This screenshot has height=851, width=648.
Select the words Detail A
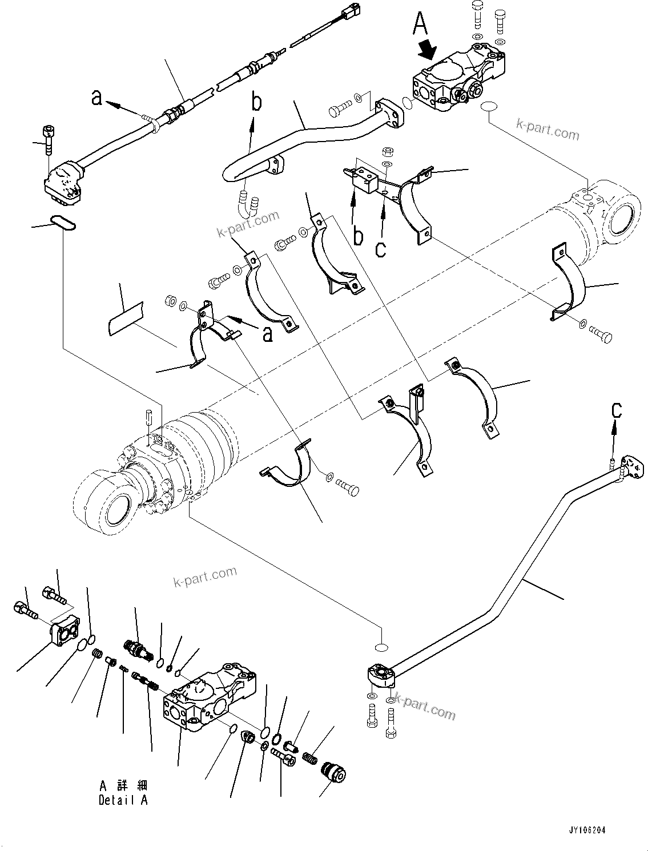[x=123, y=800]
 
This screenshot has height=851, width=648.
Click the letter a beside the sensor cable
[x=98, y=99]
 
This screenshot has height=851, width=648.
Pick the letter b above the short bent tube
[x=257, y=103]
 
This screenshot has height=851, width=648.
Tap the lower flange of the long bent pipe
[x=380, y=675]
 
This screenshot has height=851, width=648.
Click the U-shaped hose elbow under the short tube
[x=246, y=204]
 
